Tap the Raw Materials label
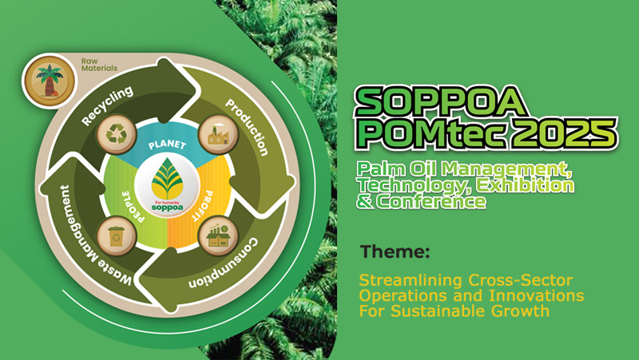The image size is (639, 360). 99,65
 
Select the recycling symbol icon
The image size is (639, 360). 117,134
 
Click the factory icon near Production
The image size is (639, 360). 218,134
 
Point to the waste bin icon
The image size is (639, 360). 117,236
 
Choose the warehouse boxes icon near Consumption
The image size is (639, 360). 218,236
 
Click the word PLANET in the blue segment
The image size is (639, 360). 167,144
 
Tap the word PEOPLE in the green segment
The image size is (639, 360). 133,207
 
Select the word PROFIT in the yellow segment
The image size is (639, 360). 202,206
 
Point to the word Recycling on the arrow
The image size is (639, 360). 107,105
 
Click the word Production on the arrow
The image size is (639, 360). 248,127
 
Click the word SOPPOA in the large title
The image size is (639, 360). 441,102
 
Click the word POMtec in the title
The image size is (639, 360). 431,133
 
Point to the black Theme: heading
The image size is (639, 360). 395,251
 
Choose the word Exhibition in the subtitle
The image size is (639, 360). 526,185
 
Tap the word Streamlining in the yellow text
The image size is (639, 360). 411,280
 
